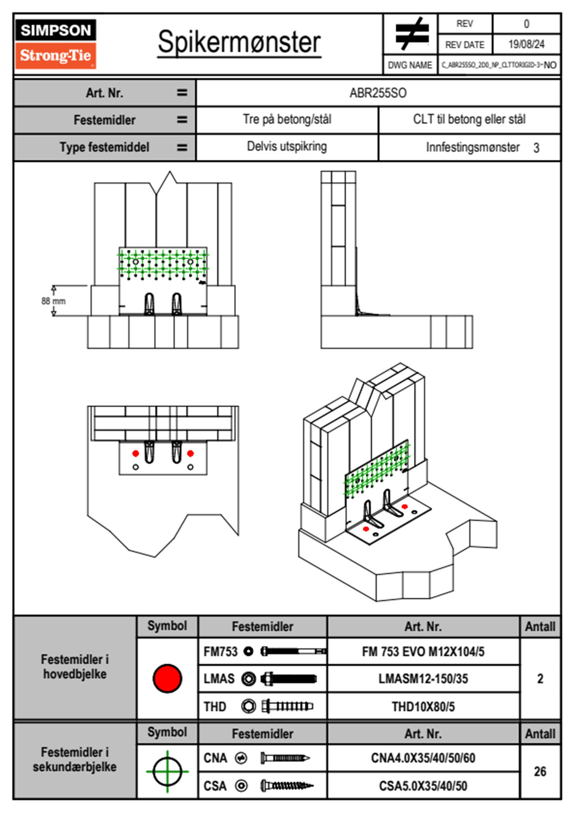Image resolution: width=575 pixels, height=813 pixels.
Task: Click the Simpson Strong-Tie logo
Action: pyautogui.click(x=56, y=44)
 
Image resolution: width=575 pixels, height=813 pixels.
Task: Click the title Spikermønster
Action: pyautogui.click(x=239, y=42)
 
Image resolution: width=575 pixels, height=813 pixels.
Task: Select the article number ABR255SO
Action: pyautogui.click(x=378, y=93)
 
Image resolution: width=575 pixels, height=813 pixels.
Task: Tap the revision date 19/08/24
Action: pyautogui.click(x=526, y=44)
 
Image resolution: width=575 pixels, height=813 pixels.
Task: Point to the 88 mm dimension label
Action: pyautogui.click(x=53, y=301)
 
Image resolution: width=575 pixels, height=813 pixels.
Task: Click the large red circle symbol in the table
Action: pyautogui.click(x=167, y=678)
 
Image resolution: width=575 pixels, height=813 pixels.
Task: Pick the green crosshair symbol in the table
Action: pyautogui.click(x=167, y=771)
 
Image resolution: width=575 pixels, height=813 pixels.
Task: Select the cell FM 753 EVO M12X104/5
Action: pyautogui.click(x=423, y=652)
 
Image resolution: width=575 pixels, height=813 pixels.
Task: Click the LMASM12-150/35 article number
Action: pyautogui.click(x=423, y=679)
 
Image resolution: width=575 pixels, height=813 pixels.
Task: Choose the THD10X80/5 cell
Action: pyautogui.click(x=423, y=707)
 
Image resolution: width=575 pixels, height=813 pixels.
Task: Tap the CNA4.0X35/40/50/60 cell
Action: pyautogui.click(x=423, y=758)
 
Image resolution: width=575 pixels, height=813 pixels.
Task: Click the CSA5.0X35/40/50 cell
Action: pyautogui.click(x=423, y=786)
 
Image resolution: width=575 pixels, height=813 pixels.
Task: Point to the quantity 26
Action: pyautogui.click(x=540, y=771)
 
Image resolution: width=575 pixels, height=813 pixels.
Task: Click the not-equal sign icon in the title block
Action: pyautogui.click(x=411, y=34)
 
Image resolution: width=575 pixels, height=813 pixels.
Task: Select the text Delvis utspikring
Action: pyautogui.click(x=287, y=146)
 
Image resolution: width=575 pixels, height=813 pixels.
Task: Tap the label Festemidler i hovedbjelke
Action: pyautogui.click(x=75, y=667)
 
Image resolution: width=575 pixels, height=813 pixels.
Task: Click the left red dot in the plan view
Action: pyautogui.click(x=136, y=453)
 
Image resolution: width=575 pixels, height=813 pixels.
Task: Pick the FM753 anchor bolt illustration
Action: pyautogui.click(x=293, y=652)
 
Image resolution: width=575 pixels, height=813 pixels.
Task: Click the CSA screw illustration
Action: pyautogui.click(x=287, y=786)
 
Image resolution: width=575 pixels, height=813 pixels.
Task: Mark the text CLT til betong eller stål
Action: pyautogui.click(x=469, y=119)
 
